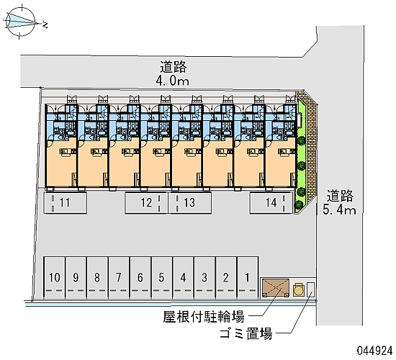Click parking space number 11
coord(65,202)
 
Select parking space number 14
coord(271,202)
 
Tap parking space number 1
coord(248,278)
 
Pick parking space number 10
coord(55,278)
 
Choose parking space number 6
coord(140,278)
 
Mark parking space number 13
coord(189,202)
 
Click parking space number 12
coord(146,202)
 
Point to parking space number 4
coord(184,278)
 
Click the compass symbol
coord(20,22)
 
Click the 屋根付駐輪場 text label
coord(204,317)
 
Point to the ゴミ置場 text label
coord(246,333)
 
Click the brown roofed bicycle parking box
coord(276,288)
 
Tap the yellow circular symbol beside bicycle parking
coord(298,289)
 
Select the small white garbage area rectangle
coord(311,289)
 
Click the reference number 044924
coord(374,351)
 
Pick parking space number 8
coord(97,278)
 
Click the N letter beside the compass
coord(45,24)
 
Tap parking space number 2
coord(226,278)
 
